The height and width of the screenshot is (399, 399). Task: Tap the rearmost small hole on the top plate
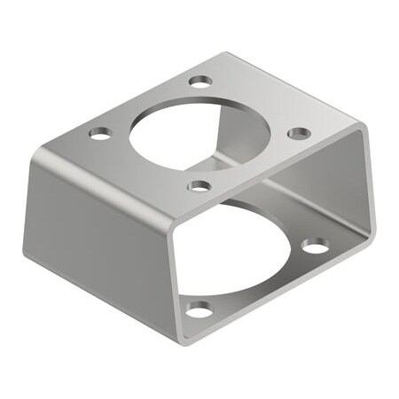point(202,81)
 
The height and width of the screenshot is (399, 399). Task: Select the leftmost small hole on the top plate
point(100,133)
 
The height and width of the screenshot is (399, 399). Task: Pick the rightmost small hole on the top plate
point(300,132)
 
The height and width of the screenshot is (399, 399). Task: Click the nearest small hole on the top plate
point(200,186)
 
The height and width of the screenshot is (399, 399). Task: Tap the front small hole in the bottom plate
point(200,309)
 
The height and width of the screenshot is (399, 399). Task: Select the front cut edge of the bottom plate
point(284,293)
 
